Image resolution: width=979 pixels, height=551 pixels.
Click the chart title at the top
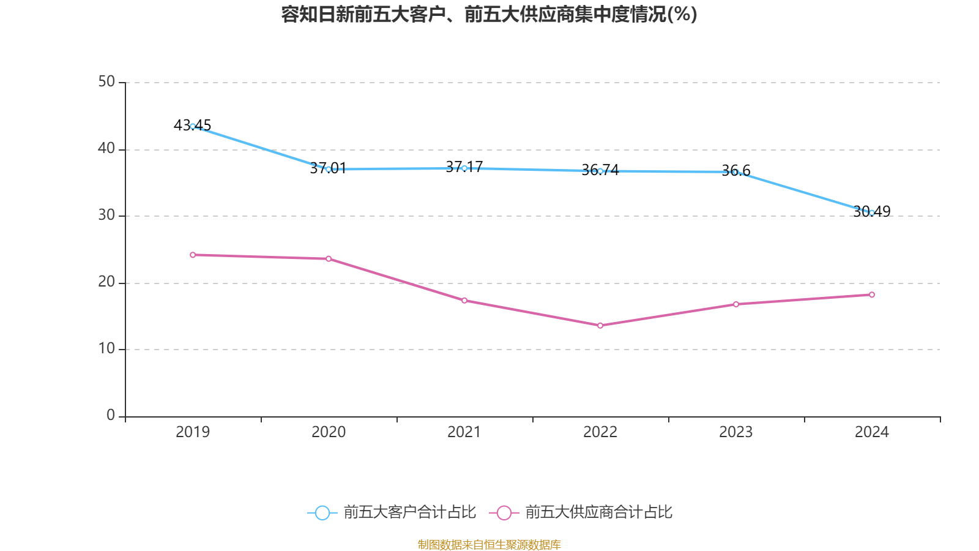click(489, 14)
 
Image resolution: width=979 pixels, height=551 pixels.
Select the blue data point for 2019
click(193, 126)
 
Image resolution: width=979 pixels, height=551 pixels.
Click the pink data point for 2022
click(600, 326)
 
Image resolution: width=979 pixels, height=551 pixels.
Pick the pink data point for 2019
click(193, 255)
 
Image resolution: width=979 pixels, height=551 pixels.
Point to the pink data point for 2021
click(464, 301)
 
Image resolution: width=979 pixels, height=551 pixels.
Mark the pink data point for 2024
click(872, 295)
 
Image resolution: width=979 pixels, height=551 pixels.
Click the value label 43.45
click(192, 125)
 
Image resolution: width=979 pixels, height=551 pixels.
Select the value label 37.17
click(464, 167)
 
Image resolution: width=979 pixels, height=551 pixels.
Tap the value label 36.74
click(600, 170)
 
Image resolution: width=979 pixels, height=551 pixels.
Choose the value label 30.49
click(872, 211)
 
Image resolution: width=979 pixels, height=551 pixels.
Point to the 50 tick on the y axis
click(106, 81)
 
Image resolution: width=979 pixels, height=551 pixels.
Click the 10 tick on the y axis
click(106, 348)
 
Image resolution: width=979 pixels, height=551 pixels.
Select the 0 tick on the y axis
click(111, 415)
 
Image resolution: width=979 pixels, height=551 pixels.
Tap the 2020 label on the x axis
click(329, 432)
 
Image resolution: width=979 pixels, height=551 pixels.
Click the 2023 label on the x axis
click(736, 432)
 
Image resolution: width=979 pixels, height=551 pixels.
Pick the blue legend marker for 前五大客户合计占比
click(322, 512)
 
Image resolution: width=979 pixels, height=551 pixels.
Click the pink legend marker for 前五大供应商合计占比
click(504, 512)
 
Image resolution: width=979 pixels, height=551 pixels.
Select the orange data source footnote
click(489, 544)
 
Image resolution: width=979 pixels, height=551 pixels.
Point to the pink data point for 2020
click(329, 259)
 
